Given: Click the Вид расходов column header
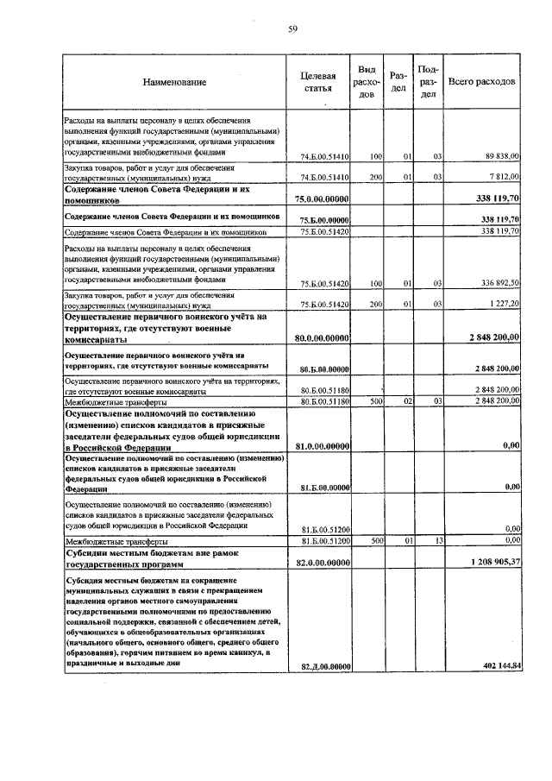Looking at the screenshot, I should [366, 81].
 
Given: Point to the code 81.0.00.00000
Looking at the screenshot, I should [323, 445].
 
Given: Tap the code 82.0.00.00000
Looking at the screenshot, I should [323, 562].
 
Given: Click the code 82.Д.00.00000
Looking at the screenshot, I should [323, 665].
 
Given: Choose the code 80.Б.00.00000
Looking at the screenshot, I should [323, 368].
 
